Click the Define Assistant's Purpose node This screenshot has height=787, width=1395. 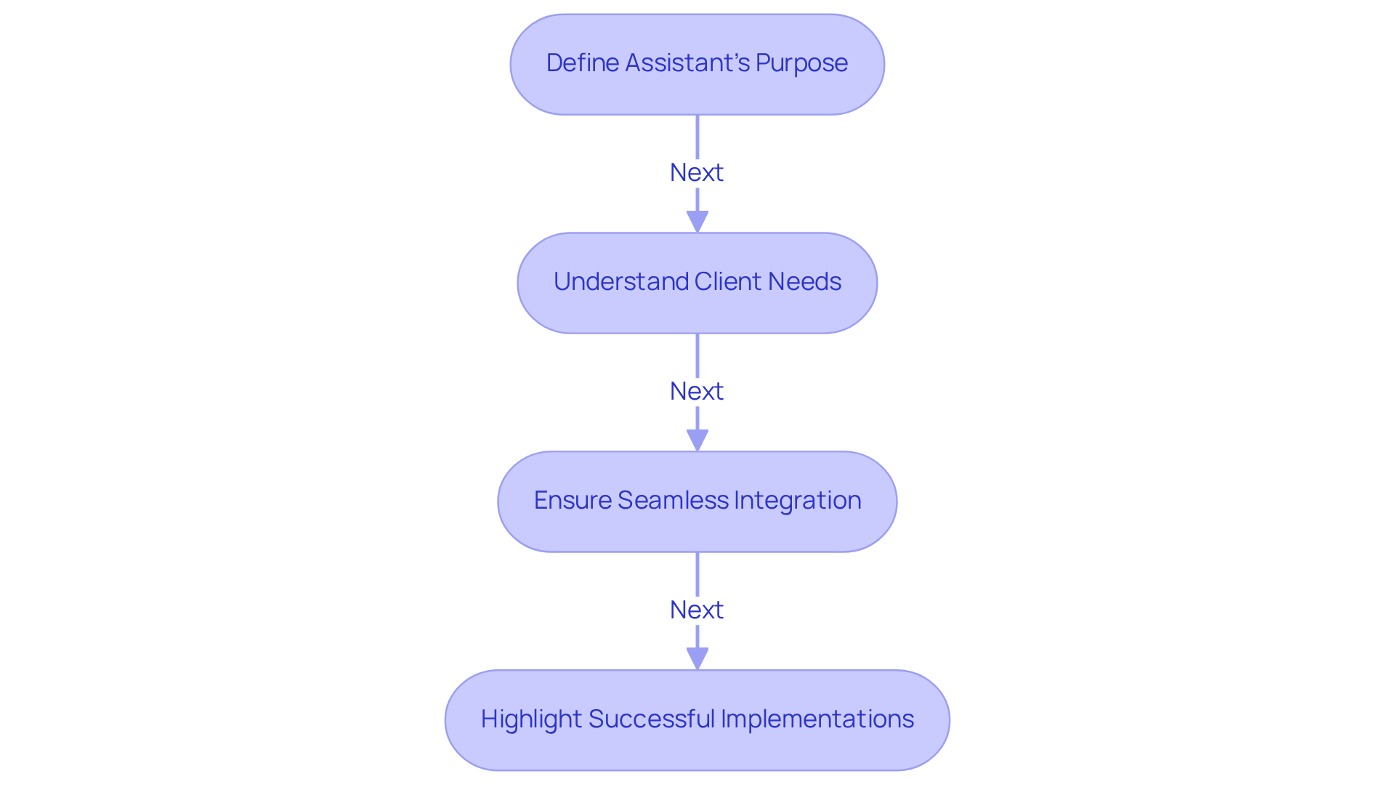point(697,64)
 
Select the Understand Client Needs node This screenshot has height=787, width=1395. point(697,283)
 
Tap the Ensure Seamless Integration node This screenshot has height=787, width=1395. point(697,501)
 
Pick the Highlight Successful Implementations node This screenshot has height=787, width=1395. point(697,720)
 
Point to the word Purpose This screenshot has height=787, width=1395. point(801,63)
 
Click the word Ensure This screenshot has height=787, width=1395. point(573,501)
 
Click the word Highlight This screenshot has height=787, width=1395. point(531,719)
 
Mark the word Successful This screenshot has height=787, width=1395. point(652,719)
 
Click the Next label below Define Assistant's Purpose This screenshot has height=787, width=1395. point(697,173)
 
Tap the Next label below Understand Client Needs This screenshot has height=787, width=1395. point(697,392)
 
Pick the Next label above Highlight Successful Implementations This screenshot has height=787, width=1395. point(697,610)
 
